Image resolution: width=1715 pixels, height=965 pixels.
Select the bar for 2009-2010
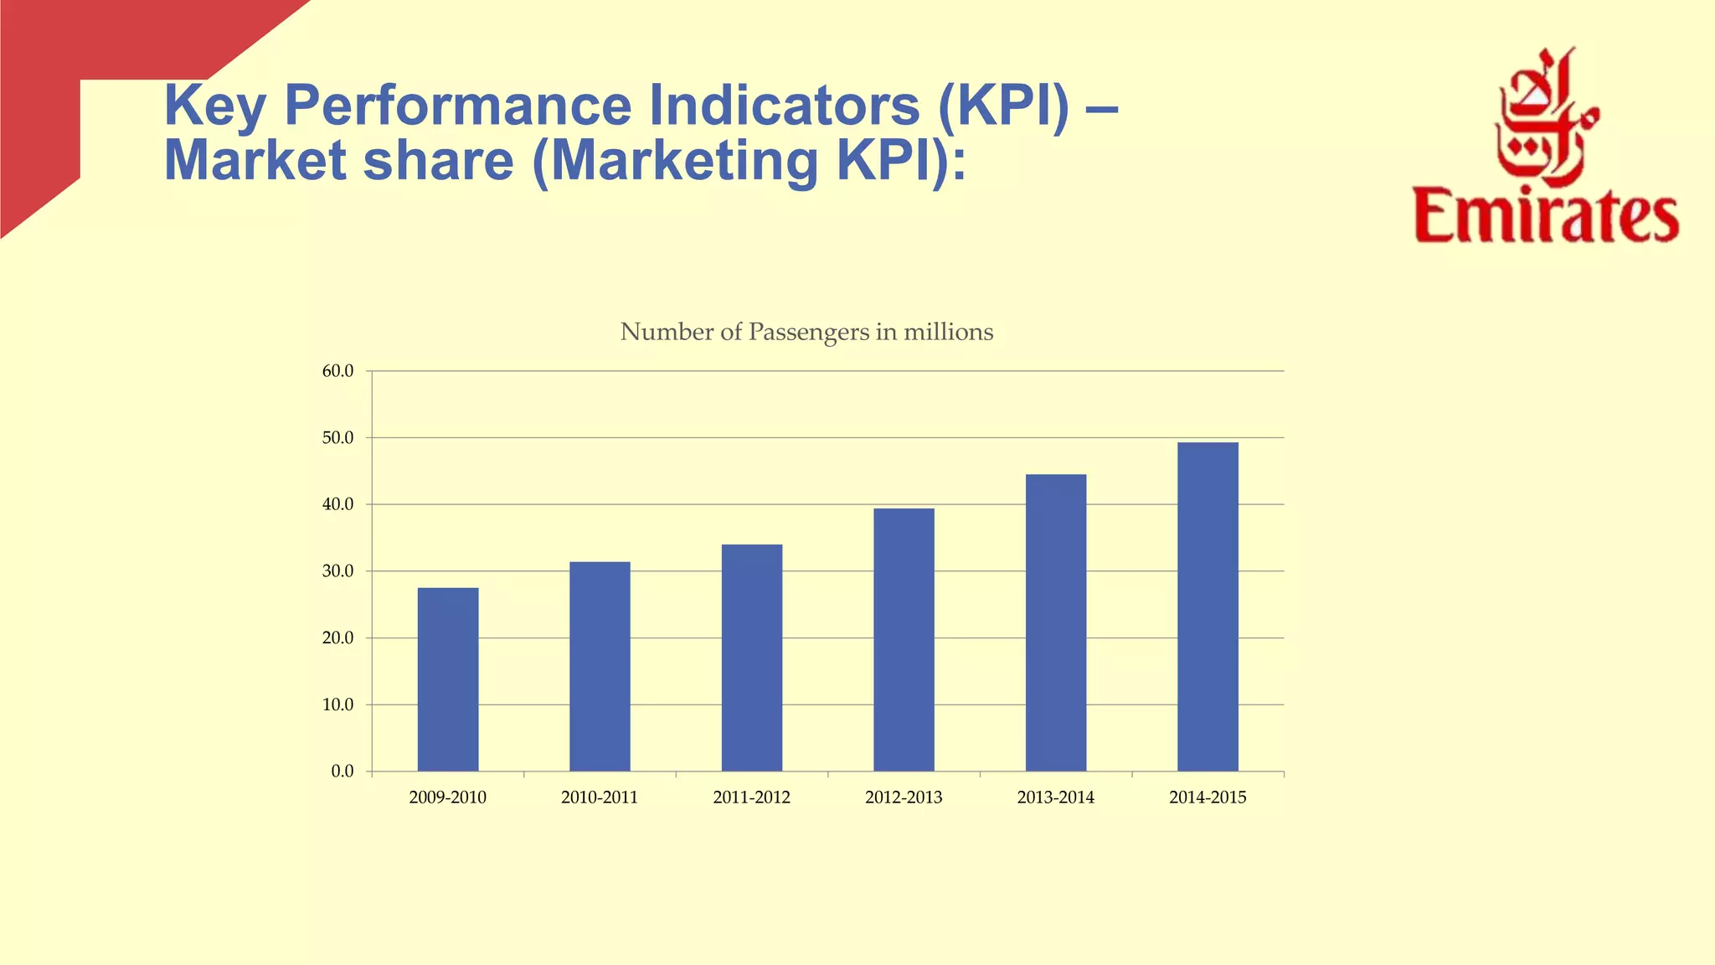coord(448,679)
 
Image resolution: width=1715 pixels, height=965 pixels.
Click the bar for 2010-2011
coord(600,666)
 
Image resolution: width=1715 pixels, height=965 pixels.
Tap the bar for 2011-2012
coord(752,658)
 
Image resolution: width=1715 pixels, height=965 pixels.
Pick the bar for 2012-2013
coord(904,639)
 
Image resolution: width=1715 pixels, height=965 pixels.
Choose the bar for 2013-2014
coord(1056,622)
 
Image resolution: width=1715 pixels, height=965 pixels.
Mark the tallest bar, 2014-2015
coord(1208,606)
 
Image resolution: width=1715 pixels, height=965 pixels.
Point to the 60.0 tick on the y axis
coord(337,371)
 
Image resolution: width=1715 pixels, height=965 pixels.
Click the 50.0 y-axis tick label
coord(337,438)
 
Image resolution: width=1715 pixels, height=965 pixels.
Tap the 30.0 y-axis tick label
coord(337,571)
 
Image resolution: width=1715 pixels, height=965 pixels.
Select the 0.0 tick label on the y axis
coord(342,771)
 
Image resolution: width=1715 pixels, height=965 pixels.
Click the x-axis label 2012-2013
coord(904,797)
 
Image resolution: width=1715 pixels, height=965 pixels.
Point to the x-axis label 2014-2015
coord(1208,797)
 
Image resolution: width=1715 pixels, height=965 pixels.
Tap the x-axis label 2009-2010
coord(447,797)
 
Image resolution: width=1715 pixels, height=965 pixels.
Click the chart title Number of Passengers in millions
coord(806,333)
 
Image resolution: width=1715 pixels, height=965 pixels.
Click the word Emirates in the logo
coord(1546,216)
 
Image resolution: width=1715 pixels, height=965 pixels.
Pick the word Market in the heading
coord(254,160)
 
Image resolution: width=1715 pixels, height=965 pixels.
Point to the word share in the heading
coord(437,160)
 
